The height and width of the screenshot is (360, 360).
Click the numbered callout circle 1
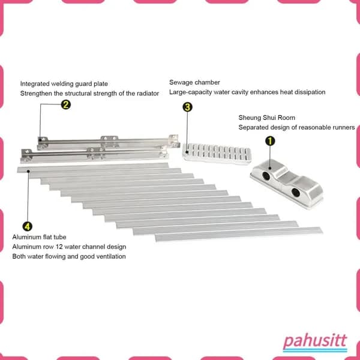270,141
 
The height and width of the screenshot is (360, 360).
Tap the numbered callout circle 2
65,104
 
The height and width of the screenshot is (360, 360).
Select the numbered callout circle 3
187,107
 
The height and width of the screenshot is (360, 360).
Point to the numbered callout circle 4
28,227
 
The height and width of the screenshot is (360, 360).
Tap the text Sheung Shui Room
267,118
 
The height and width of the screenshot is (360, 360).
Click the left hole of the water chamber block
266,176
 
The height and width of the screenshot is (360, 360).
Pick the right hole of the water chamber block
296,193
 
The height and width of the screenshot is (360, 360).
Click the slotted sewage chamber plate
217,154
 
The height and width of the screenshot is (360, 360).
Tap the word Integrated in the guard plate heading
35,84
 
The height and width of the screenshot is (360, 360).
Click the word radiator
148,94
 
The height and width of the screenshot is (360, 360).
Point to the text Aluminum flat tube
39,237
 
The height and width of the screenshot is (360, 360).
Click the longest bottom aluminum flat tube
239,234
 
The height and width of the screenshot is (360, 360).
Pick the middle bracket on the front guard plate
96,154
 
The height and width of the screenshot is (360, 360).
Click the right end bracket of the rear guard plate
173,140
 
